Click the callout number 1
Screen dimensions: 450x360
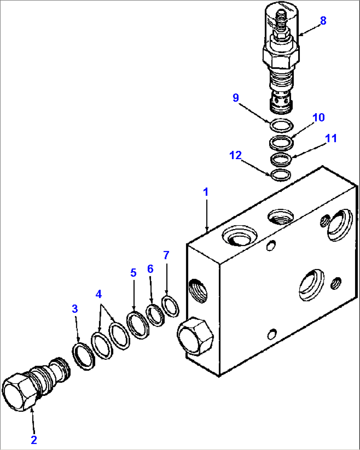tap(206, 192)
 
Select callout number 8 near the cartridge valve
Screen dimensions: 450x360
tap(323, 20)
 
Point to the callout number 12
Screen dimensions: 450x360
tap(235, 155)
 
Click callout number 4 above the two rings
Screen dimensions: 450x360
tap(98, 294)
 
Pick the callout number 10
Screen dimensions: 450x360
tap(319, 117)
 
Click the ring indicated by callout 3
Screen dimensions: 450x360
tap(83, 356)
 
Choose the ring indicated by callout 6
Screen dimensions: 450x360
tap(155, 315)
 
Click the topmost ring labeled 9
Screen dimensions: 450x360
tap(281, 125)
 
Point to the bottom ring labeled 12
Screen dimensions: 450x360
tap(281, 175)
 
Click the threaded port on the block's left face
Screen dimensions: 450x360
tap(198, 290)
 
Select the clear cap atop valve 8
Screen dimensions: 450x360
tap(281, 20)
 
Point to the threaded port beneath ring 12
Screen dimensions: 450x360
tap(280, 216)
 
